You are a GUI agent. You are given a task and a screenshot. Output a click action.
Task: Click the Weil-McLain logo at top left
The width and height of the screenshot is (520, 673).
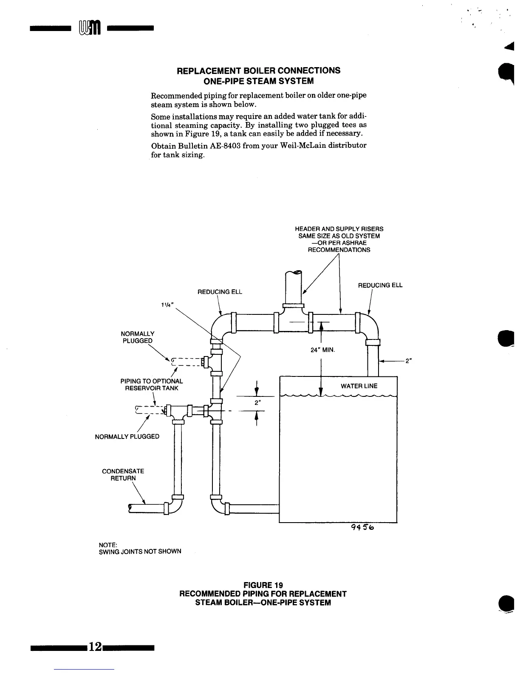pos(89,29)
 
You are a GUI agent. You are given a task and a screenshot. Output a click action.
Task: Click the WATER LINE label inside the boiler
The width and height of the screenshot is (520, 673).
pos(359,386)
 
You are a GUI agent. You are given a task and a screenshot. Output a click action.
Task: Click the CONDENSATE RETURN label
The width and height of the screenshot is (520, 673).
pos(123,475)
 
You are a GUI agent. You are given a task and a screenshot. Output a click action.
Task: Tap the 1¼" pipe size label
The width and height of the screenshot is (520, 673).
pos(167,307)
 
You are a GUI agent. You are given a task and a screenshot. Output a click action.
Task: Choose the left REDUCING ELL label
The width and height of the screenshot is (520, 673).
pos(220,292)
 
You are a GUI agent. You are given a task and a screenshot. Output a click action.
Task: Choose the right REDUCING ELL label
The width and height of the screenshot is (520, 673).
pos(380,285)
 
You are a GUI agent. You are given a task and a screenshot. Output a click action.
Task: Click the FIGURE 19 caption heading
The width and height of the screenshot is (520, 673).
pos(263,585)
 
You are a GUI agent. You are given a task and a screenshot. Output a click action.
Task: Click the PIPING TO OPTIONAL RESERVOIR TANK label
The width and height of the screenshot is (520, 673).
pos(152,385)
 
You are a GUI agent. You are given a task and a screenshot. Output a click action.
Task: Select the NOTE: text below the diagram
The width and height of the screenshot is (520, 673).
pos(108,545)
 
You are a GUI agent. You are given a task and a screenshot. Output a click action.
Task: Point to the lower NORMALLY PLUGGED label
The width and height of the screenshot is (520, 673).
pos(127,436)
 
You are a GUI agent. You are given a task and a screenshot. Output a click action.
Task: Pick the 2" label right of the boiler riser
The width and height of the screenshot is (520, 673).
pos(408,361)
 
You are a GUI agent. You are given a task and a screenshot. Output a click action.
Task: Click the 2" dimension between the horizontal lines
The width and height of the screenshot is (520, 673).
pos(257,402)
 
